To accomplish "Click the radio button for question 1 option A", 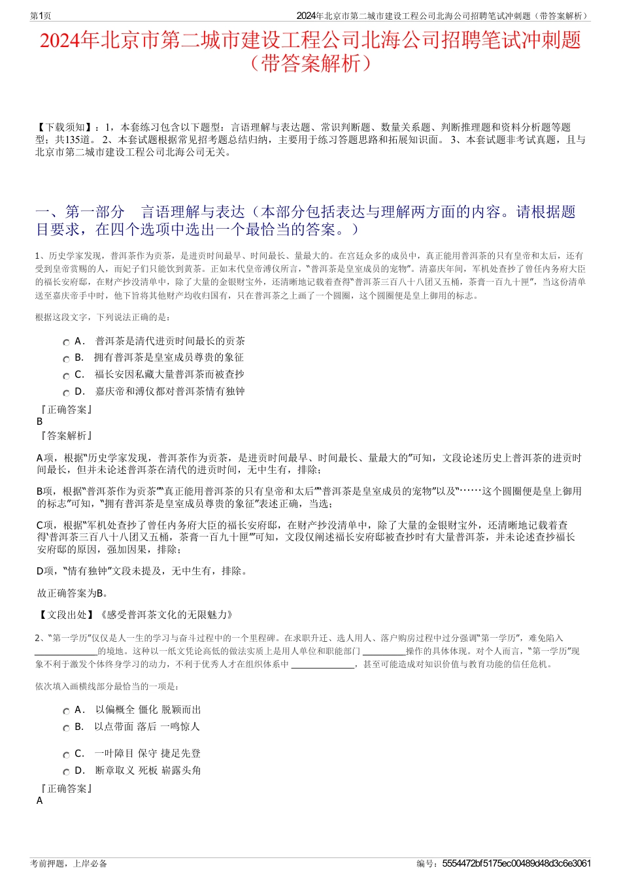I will (67, 342).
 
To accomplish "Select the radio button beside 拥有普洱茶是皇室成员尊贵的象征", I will (67, 359).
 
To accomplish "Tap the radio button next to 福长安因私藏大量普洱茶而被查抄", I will (67, 376).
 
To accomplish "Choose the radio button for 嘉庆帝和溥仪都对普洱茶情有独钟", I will (67, 393).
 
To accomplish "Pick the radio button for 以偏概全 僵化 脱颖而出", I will (67, 711).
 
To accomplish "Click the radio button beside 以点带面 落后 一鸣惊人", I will (67, 728).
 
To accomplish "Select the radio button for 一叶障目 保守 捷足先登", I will (67, 755).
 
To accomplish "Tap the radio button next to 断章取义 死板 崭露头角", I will (67, 772).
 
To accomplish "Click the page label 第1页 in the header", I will (41, 16).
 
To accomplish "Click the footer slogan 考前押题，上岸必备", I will (69, 863).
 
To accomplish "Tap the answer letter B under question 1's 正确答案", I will (40, 422).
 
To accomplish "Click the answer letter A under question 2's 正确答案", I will (40, 801).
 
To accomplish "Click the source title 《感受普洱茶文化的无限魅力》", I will (165, 615).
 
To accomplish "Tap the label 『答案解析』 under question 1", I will (65, 436).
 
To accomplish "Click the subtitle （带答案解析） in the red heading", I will (310, 63).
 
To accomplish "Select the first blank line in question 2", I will (66, 652).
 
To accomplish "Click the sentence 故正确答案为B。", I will (73, 593).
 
